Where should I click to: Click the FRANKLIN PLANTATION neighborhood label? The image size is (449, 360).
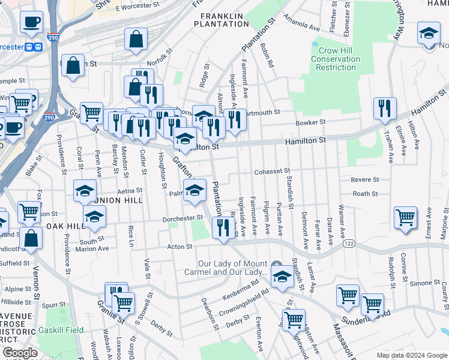[221, 19]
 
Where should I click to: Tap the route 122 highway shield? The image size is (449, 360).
[349, 244]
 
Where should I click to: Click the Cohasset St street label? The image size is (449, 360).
[272, 171]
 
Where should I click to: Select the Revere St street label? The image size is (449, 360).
[365, 179]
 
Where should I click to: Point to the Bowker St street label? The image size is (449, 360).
[310, 122]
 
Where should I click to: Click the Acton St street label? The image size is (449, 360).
[179, 246]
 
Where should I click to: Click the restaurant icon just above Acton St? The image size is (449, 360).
[222, 228]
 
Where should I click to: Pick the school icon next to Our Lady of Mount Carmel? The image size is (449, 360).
[281, 277]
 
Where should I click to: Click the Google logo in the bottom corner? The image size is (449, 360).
[20, 353]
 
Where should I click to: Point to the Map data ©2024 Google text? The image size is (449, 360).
[411, 355]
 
